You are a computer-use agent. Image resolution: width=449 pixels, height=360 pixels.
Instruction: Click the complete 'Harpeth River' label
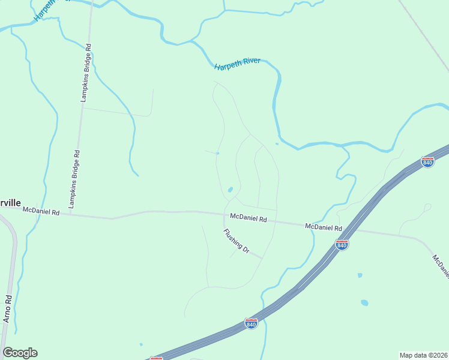point(237,63)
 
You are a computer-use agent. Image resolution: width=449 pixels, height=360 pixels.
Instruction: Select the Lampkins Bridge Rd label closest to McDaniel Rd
point(73,179)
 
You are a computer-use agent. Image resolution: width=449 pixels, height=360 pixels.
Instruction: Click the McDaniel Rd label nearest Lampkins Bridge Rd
point(41,211)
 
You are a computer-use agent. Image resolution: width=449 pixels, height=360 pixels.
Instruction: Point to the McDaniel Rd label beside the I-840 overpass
point(323,227)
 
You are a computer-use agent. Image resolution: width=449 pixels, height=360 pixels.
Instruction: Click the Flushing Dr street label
point(236,241)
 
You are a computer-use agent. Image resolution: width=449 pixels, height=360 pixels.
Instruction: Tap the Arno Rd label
point(8,309)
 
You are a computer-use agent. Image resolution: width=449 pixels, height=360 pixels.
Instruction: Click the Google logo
point(20,353)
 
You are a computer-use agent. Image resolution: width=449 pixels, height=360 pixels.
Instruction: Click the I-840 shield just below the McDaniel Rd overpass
point(342,245)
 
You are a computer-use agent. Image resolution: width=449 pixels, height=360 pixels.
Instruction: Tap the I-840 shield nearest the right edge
point(427,162)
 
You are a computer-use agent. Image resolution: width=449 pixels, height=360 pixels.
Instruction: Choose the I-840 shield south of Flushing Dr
point(252,323)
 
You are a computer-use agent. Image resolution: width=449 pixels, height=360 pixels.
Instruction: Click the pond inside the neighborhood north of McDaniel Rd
point(230,191)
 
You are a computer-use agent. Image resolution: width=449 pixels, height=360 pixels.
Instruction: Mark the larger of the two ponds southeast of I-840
point(364,303)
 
